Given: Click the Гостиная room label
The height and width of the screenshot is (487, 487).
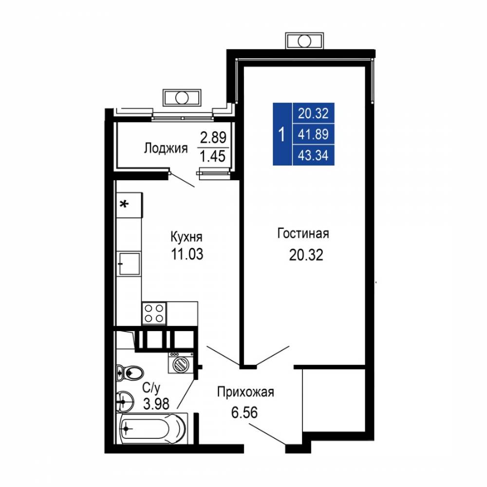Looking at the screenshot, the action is (x=303, y=234).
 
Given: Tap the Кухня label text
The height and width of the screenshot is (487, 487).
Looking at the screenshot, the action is (x=187, y=237).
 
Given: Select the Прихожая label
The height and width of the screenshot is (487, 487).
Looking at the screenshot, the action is (x=245, y=392).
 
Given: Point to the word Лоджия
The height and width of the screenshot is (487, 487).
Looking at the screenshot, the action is (x=166, y=148).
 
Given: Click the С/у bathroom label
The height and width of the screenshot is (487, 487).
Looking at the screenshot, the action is (x=151, y=388).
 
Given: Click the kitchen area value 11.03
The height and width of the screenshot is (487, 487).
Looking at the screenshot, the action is (x=187, y=254).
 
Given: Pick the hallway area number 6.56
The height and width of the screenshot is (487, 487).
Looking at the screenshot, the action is (x=244, y=413).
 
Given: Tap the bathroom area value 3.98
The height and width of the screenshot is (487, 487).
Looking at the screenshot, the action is (x=156, y=404).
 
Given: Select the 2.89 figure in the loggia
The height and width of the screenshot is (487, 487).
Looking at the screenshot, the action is (x=213, y=137).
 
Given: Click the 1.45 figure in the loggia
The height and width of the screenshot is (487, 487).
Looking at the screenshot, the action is (x=213, y=156).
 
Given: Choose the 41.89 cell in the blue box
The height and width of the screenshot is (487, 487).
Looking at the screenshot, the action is (x=313, y=134).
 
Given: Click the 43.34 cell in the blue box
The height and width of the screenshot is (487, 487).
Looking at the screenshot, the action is (x=313, y=155).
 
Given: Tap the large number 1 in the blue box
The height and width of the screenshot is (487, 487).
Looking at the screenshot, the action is (x=281, y=135).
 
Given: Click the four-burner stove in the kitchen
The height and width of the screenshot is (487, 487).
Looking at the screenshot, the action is (x=154, y=313).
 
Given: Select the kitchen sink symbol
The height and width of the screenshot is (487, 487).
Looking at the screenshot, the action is (x=129, y=263).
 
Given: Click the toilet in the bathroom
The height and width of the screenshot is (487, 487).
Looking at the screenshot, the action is (x=130, y=373).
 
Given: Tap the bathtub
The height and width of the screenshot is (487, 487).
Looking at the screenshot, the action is (x=152, y=429).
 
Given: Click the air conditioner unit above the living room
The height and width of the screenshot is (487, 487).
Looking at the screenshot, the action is (x=304, y=41).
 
